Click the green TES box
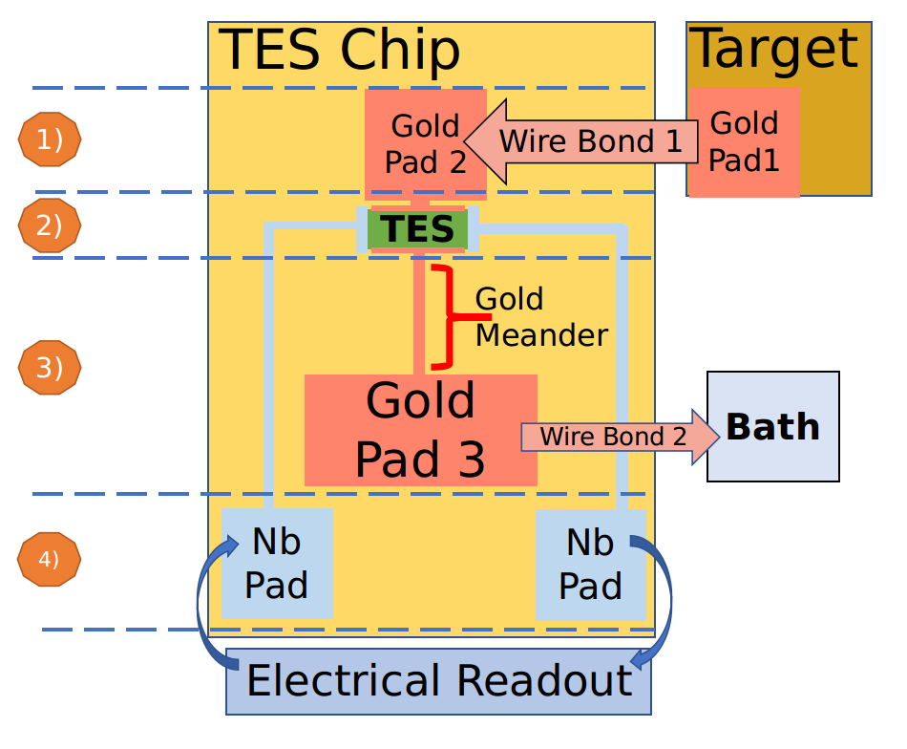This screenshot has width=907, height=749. [418, 229]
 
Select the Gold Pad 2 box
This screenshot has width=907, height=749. [425, 143]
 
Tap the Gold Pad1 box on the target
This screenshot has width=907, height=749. [743, 142]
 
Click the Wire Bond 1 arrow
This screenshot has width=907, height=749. [582, 142]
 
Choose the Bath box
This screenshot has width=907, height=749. [772, 426]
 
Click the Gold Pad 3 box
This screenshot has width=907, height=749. [420, 430]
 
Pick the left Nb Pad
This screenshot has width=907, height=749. [276, 563]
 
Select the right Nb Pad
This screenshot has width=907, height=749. [590, 563]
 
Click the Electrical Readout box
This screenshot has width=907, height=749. [438, 681]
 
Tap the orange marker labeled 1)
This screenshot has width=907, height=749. [50, 139]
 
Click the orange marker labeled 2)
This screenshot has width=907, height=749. [50, 225]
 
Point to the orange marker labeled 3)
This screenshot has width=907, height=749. [50, 367]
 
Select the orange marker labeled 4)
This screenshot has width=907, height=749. [49, 559]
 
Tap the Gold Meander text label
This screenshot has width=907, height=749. [539, 316]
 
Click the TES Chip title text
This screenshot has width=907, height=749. [340, 51]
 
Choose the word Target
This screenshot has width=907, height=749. [773, 49]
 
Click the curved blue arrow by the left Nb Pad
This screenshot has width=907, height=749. [204, 611]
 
